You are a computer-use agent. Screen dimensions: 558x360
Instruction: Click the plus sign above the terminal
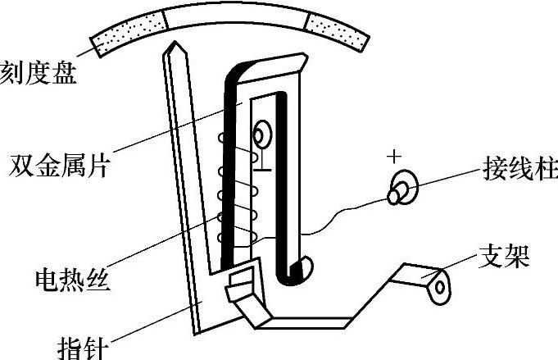click(x=397, y=156)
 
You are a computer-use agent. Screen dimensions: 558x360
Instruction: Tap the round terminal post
click(x=401, y=189)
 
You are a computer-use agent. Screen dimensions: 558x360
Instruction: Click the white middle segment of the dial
click(x=234, y=16)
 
